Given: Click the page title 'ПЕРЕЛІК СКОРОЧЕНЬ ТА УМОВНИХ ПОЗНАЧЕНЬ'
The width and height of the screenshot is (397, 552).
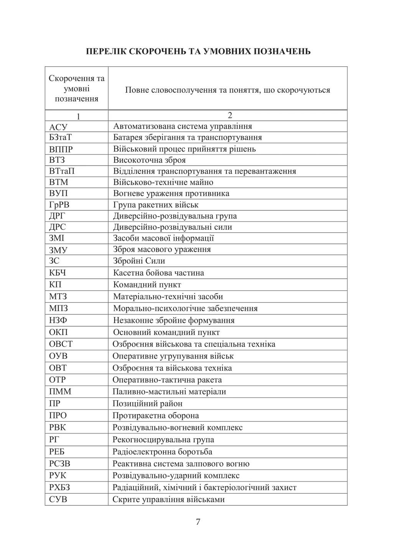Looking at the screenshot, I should (x=198, y=51).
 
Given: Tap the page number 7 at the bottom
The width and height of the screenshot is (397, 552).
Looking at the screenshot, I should (x=198, y=522).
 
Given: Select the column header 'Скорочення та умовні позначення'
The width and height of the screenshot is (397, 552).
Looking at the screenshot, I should (x=77, y=89).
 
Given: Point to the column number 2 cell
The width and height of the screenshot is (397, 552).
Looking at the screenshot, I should (x=230, y=115).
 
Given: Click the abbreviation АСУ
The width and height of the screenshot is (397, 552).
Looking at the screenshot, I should (x=58, y=127).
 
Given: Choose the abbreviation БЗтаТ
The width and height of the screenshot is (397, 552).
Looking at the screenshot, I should (x=61, y=138).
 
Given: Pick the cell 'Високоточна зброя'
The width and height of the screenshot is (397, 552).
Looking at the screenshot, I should (x=149, y=160).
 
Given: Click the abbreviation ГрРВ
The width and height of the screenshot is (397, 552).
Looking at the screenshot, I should (x=59, y=205).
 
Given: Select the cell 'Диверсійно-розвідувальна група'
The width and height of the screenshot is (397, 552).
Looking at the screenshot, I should (x=175, y=216).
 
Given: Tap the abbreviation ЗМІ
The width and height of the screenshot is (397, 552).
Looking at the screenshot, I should (x=57, y=238).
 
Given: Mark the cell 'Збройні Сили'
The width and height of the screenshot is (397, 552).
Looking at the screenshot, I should (x=139, y=261).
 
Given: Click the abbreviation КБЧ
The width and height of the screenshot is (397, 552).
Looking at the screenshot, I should (x=58, y=273).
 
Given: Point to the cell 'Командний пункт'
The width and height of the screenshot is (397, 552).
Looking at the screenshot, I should (x=147, y=285).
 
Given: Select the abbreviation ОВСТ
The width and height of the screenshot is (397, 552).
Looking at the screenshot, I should (x=61, y=344).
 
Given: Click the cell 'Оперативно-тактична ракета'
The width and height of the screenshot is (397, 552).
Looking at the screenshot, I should (x=167, y=380).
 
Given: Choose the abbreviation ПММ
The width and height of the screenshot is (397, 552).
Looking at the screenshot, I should (x=60, y=392).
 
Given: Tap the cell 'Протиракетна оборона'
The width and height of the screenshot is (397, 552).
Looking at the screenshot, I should (x=156, y=416).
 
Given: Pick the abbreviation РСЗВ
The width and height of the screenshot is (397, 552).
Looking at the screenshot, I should (x=60, y=464).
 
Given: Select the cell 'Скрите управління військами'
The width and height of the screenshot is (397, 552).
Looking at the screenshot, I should (x=168, y=499).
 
